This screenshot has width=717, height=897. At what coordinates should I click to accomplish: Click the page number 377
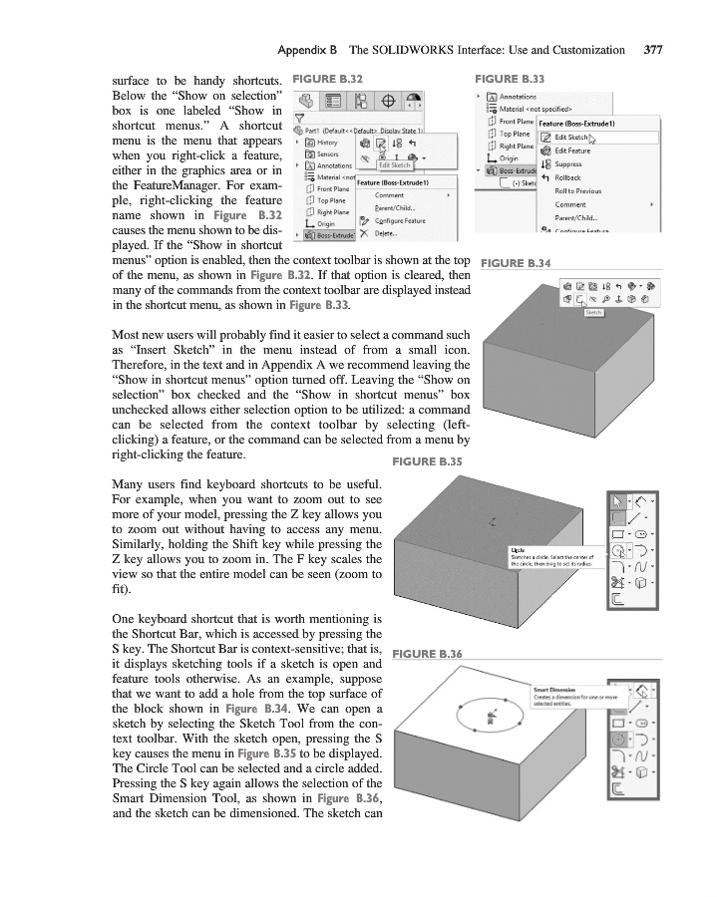(x=653, y=48)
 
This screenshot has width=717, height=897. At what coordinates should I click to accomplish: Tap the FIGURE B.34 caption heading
(x=518, y=262)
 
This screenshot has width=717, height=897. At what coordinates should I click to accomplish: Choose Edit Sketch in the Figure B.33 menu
(x=572, y=138)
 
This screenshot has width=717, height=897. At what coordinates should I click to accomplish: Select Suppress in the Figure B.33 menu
(x=568, y=164)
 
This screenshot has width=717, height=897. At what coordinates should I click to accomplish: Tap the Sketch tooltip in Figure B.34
(x=590, y=312)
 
